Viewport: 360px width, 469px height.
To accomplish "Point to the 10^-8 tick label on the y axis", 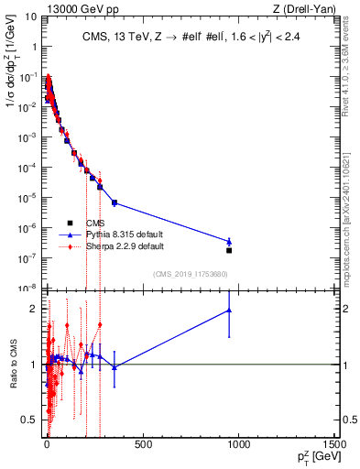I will (x=28, y=288).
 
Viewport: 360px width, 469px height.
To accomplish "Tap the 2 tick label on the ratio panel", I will (x=35, y=308).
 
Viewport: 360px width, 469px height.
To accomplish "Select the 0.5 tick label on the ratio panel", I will (x=31, y=420).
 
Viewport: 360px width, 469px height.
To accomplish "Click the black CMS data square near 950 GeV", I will (x=229, y=250).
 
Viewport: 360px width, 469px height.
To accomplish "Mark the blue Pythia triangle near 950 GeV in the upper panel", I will (x=229, y=242).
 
